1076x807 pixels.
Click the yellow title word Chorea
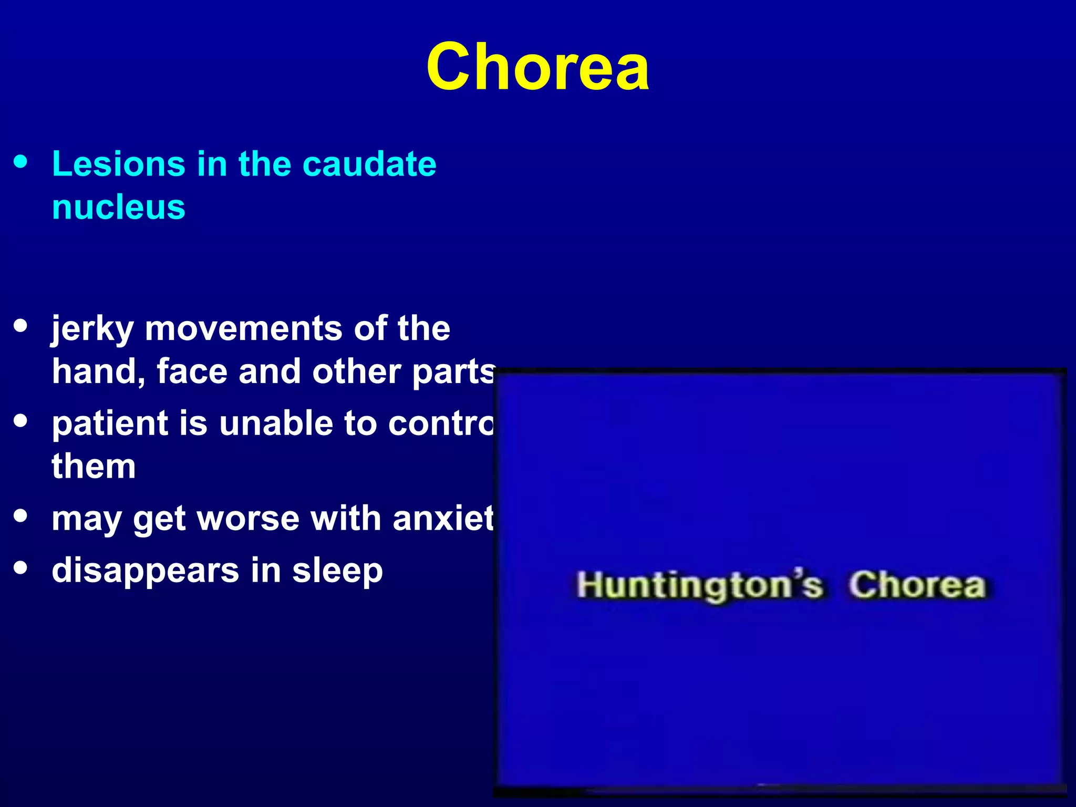[537, 67]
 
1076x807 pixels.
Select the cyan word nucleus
[119, 207]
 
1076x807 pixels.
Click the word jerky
[92, 329]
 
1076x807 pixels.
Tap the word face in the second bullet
[192, 372]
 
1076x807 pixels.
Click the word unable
[276, 423]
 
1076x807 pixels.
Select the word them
[94, 467]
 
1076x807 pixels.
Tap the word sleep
[337, 571]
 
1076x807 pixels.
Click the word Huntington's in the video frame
[699, 585]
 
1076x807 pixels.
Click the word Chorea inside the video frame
[917, 585]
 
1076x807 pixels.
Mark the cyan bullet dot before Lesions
[20, 161]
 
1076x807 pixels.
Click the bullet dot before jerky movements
[20, 325]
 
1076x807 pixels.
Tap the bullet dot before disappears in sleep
[20, 567]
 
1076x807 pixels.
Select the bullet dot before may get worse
[20, 515]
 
